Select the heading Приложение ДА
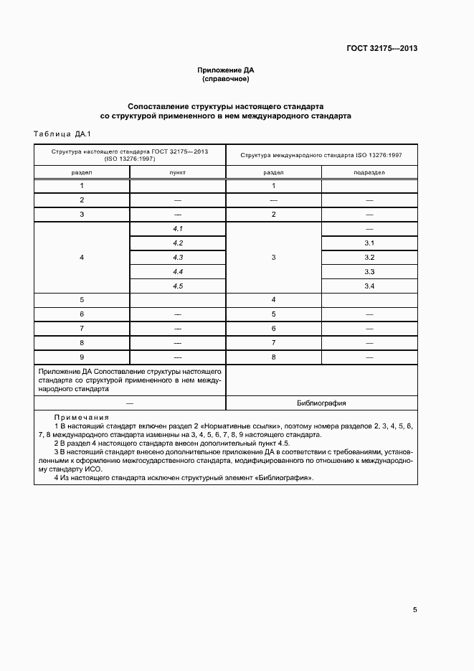[x=226, y=70]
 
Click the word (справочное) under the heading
[x=226, y=79]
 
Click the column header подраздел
[x=369, y=173]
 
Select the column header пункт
[x=178, y=173]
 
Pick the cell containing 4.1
[x=178, y=228]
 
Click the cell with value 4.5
[x=178, y=286]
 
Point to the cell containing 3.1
[x=369, y=243]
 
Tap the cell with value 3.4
[x=369, y=286]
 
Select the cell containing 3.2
[x=369, y=258]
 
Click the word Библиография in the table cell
[x=321, y=403]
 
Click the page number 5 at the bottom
[x=414, y=610]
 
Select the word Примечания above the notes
[x=81, y=417]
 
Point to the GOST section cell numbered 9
[x=82, y=357]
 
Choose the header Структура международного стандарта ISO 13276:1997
[x=321, y=154]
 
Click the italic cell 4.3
[x=178, y=258]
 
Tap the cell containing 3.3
[x=369, y=272]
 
